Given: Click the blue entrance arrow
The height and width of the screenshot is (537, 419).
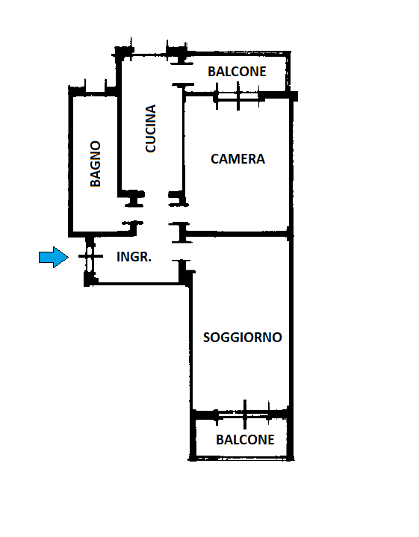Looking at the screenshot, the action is tap(54, 257).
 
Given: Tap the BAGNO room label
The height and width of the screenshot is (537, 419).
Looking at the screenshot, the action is tap(96, 164).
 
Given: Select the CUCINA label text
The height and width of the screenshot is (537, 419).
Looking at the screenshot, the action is tap(150, 128).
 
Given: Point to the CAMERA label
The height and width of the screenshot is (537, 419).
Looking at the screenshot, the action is tap(238, 159).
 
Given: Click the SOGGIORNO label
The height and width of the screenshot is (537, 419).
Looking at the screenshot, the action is tap(243, 338).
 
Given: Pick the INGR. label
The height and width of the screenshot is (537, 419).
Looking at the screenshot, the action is tap(134, 257).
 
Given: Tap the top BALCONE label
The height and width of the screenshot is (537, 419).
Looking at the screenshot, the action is tap(237, 72).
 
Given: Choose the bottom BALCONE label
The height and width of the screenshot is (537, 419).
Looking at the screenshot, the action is tap(245, 440).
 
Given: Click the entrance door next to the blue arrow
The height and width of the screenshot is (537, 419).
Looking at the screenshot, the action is tap(90, 256).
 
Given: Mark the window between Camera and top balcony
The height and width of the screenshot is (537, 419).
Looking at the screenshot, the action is tap(238, 96).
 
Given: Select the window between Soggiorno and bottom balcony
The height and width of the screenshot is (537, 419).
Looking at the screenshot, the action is tap(244, 415).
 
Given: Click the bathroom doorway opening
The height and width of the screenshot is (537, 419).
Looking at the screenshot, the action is tap(134, 214).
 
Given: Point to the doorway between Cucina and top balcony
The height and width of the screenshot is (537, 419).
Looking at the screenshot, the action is tap(182, 74).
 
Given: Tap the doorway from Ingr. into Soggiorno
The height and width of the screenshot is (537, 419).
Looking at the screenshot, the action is tap(181, 251).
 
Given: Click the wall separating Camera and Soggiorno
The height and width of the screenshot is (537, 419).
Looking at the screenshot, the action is tap(238, 235).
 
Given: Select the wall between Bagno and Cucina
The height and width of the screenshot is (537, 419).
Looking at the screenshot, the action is tap(120, 144).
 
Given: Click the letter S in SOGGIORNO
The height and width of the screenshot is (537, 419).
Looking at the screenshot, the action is tap(207, 338).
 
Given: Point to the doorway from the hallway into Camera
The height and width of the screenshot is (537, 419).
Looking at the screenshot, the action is tap(179, 214).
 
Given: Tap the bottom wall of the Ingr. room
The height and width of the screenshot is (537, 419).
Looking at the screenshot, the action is tap(137, 284).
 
